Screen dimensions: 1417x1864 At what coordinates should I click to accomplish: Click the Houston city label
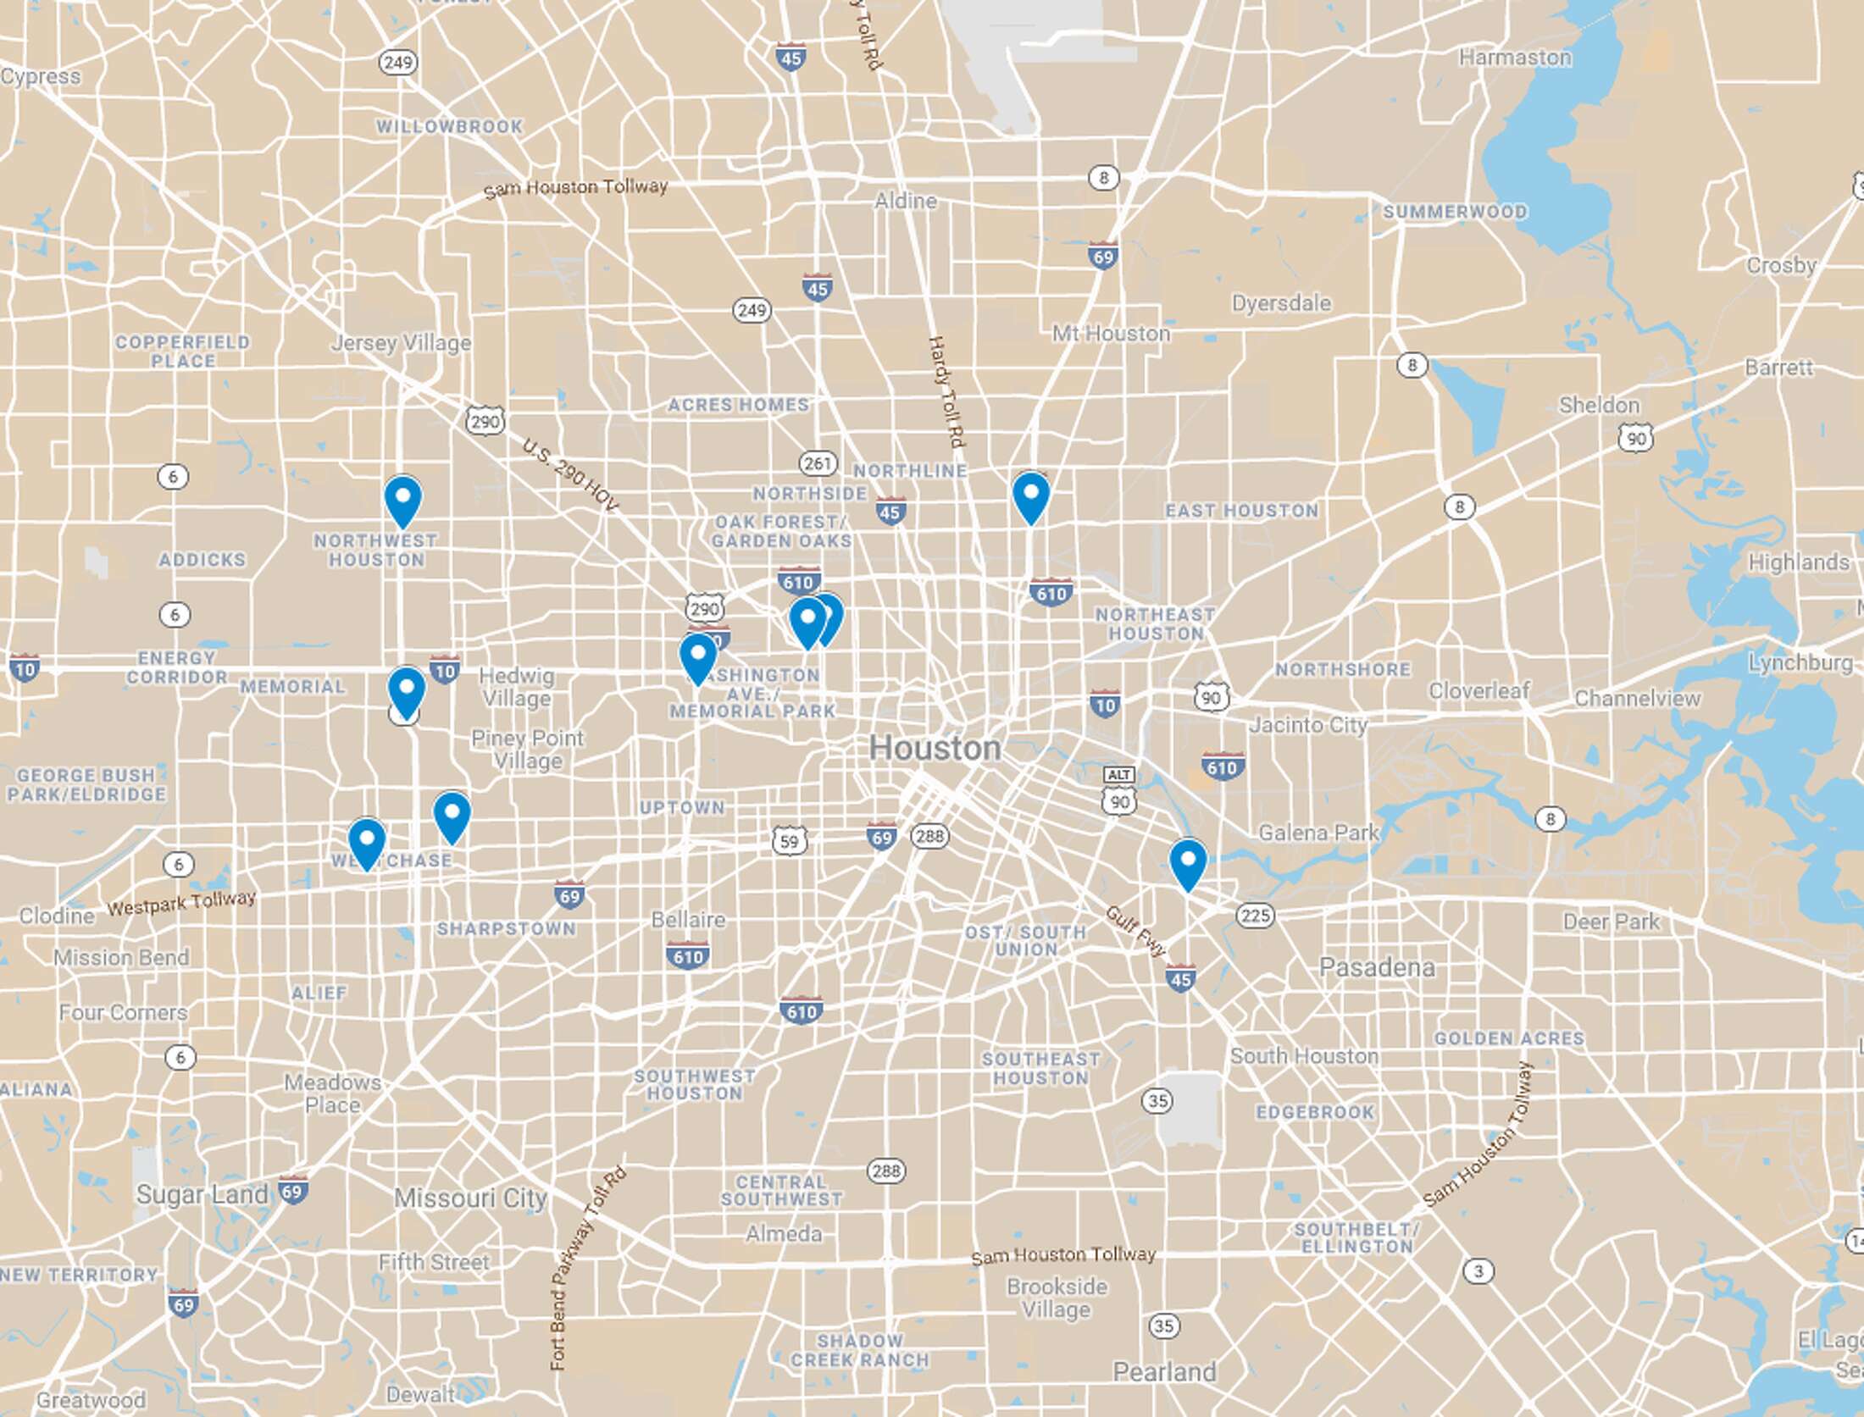[935, 748]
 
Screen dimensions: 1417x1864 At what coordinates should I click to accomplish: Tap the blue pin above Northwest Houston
[403, 498]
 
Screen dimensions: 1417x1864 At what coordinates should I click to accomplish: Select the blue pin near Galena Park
[1188, 861]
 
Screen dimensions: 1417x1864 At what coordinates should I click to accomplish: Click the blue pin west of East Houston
[1031, 495]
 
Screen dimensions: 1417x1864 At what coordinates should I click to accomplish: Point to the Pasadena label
[1377, 967]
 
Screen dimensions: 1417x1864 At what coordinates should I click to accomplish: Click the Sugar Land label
[202, 1194]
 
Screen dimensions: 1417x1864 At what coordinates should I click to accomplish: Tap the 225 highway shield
[1255, 916]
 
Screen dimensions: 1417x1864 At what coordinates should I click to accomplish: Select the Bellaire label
[688, 920]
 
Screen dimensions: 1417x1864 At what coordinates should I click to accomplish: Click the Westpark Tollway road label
[180, 903]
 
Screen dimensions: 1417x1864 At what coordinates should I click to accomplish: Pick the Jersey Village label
[401, 343]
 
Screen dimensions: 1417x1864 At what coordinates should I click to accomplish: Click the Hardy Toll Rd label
[947, 391]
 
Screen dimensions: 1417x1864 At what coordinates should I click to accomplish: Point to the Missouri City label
[471, 1198]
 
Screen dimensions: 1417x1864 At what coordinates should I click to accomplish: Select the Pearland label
[1164, 1371]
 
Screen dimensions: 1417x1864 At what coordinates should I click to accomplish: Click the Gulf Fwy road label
[1135, 930]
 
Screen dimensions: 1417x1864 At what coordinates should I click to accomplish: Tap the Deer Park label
[1611, 922]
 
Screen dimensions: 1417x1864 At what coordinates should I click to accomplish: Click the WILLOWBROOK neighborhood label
[450, 127]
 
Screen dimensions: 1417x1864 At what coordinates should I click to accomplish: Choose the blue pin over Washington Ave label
[697, 656]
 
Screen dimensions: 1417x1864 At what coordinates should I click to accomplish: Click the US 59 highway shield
[789, 841]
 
